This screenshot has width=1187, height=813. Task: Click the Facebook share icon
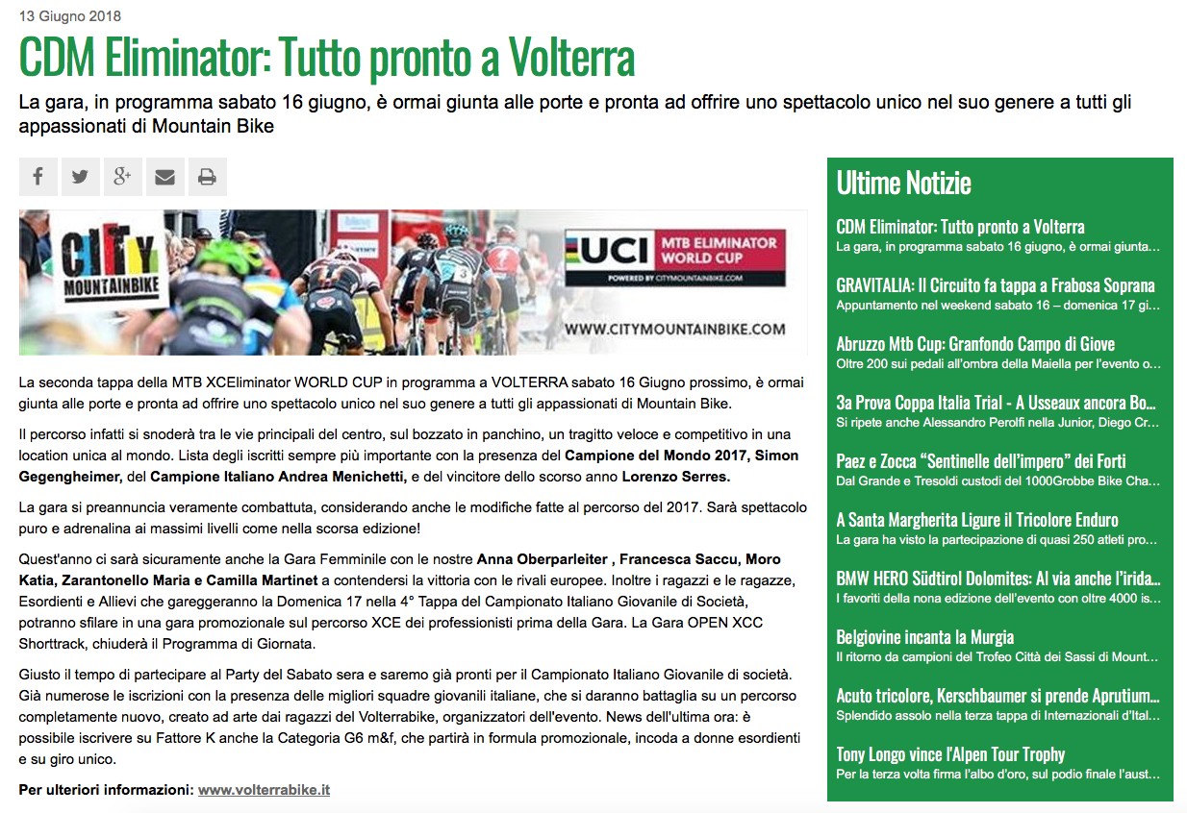click(38, 177)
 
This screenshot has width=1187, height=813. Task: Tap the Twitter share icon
click(81, 177)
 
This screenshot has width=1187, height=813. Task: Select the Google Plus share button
click(123, 177)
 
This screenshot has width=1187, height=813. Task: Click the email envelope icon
click(165, 177)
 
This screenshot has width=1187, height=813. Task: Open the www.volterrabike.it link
click(264, 790)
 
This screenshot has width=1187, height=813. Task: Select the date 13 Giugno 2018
click(70, 16)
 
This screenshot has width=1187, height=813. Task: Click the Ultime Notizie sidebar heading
click(903, 183)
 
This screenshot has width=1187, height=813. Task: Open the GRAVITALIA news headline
click(995, 285)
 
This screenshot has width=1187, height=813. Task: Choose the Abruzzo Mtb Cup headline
click(975, 344)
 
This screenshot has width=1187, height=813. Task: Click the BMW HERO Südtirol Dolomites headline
click(998, 579)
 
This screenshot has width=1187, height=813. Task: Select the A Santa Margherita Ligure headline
click(976, 520)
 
